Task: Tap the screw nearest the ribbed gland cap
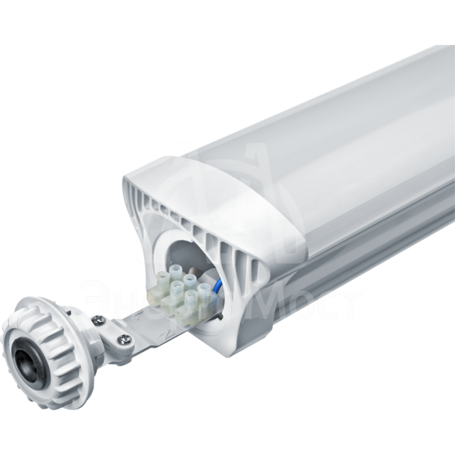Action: pos(98,319)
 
